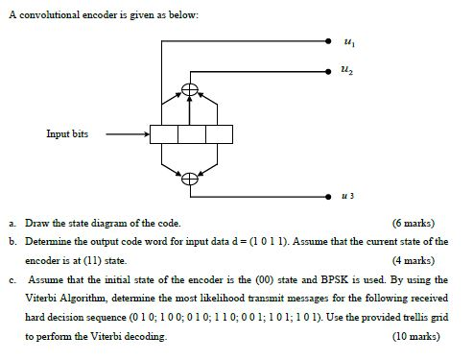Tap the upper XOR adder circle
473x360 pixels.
pos(191,90)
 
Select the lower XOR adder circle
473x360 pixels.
pos(191,177)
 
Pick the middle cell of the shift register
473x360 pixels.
pos(191,134)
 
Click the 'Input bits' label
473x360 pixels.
pos(67,134)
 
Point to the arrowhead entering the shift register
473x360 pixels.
pos(144,134)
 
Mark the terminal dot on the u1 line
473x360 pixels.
pos(327,44)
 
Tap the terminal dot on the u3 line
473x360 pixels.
pos(327,190)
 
